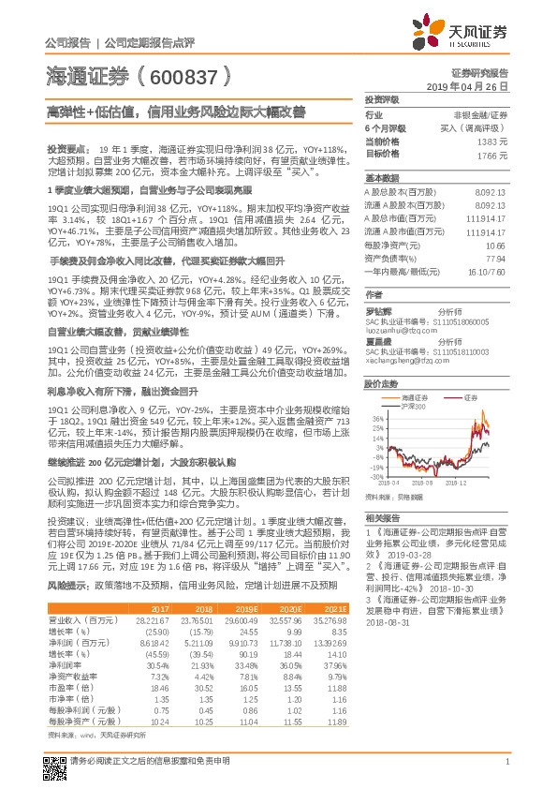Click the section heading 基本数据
tap(380, 177)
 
